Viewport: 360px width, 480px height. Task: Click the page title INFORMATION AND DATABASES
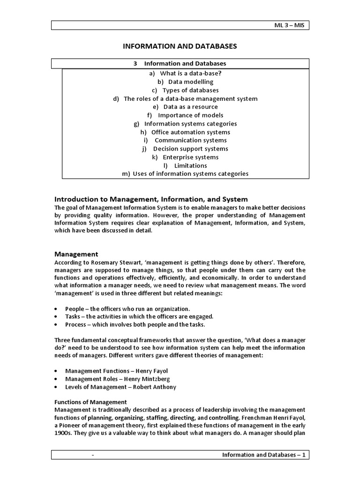[x=180, y=46]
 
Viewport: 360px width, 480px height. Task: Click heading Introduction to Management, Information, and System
[x=151, y=199]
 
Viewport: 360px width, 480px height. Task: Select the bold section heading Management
[x=76, y=254]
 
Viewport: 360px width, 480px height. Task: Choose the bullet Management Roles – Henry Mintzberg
[x=117, y=379]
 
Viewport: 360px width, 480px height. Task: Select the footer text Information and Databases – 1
[x=263, y=455]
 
